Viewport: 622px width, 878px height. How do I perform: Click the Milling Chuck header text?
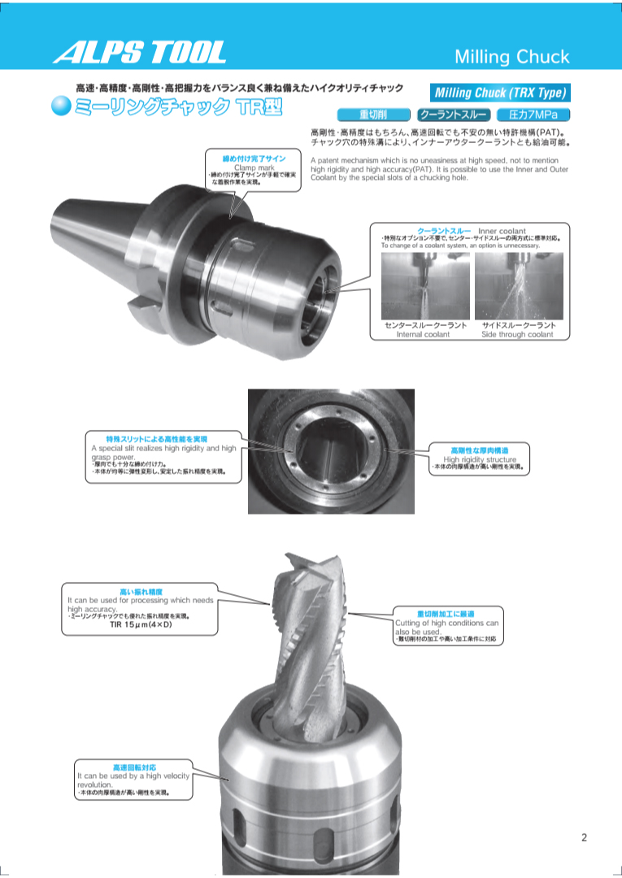click(x=511, y=57)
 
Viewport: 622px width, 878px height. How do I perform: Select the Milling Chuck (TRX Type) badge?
click(x=497, y=93)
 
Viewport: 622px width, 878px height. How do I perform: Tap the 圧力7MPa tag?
click(x=533, y=115)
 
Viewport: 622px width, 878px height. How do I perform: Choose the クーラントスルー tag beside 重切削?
click(x=452, y=115)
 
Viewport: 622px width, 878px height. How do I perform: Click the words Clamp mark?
click(x=254, y=167)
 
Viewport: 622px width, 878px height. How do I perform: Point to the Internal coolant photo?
click(x=425, y=285)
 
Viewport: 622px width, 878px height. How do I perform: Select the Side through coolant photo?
click(x=519, y=285)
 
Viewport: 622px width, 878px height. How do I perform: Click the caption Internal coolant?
click(x=423, y=334)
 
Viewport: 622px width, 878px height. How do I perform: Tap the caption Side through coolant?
click(x=517, y=334)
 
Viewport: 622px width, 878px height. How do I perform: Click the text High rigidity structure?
click(x=480, y=459)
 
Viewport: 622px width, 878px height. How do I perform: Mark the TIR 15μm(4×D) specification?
click(x=141, y=625)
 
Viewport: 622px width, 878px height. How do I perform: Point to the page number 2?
click(x=584, y=838)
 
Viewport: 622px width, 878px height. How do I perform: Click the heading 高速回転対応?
click(x=134, y=767)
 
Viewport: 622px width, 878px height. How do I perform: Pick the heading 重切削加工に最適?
click(x=446, y=614)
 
